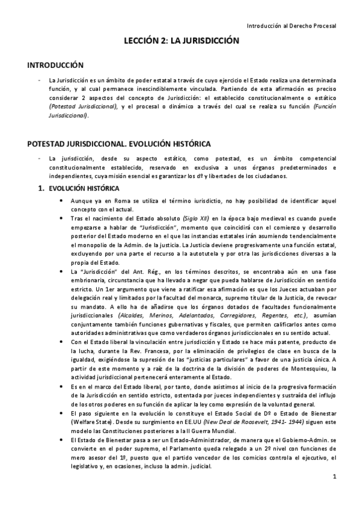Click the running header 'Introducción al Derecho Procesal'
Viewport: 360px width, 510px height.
tap(292, 26)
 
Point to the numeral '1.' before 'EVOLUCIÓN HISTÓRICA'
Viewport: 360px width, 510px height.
tap(41, 188)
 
